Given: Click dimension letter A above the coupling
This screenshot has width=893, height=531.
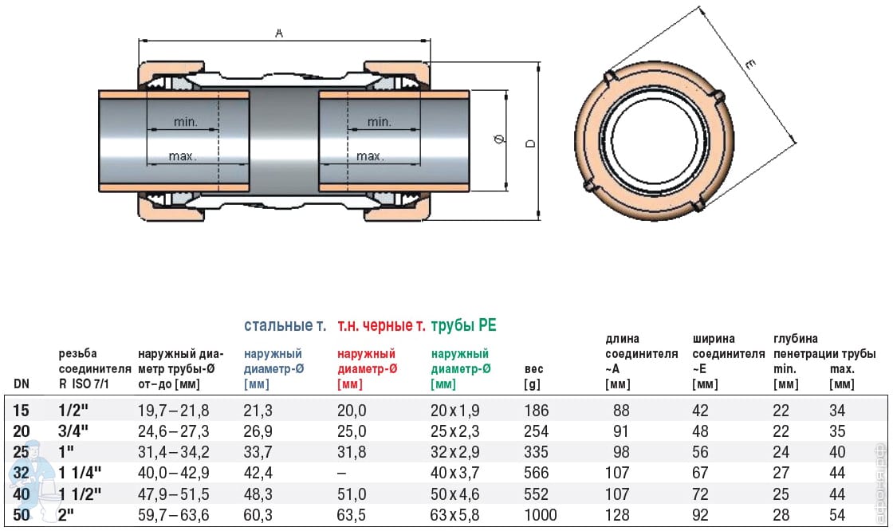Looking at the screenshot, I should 278,33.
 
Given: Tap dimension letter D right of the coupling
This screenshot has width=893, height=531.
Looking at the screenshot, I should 529,144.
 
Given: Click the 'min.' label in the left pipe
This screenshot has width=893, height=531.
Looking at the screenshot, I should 183,122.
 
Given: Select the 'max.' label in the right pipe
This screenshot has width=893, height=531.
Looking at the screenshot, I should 370,156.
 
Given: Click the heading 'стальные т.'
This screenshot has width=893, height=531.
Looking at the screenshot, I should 285,326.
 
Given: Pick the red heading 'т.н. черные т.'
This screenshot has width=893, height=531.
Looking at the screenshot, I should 380,326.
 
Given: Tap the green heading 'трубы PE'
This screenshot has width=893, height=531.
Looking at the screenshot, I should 463,326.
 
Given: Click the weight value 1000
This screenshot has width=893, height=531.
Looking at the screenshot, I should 541,515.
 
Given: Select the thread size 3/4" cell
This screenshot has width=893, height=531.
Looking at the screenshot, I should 73,431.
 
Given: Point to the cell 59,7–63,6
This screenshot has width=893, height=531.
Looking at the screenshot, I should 174,515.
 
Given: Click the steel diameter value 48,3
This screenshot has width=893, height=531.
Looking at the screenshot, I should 258,494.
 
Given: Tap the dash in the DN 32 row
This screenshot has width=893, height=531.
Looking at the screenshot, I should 341,474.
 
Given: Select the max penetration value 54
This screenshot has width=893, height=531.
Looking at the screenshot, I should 837,515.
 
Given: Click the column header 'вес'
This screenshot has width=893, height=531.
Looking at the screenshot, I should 534,369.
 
